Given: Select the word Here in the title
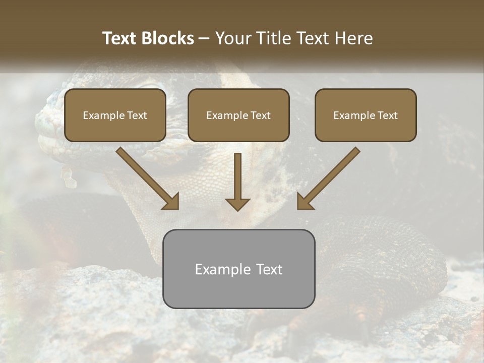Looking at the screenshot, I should coord(353,38).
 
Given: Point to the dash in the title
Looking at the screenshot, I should coord(204,39).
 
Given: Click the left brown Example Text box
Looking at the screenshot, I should coord(115,115).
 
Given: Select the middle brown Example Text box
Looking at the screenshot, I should coord(238,115).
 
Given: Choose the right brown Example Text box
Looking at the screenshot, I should coord(366,115).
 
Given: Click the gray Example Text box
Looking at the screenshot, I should coord(238,269).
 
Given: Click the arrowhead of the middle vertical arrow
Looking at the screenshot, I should coord(237,204).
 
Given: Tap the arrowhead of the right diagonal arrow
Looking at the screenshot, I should coord(305,202).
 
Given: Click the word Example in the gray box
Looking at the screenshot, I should coord(221,269).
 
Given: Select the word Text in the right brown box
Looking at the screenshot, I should coord(387,115).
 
